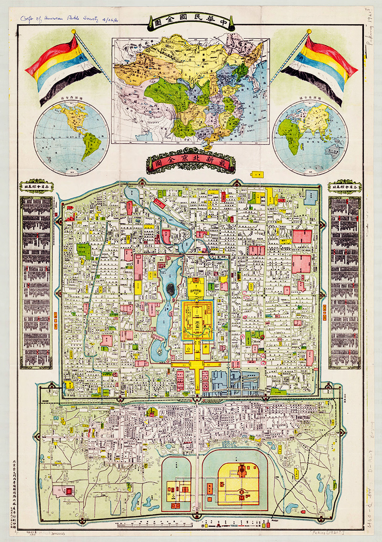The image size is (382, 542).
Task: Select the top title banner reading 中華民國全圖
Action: click(191, 22)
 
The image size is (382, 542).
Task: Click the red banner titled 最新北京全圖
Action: click(191, 164)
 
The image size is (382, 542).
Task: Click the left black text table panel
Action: click(36, 281)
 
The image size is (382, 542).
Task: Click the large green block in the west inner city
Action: click(84, 250)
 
